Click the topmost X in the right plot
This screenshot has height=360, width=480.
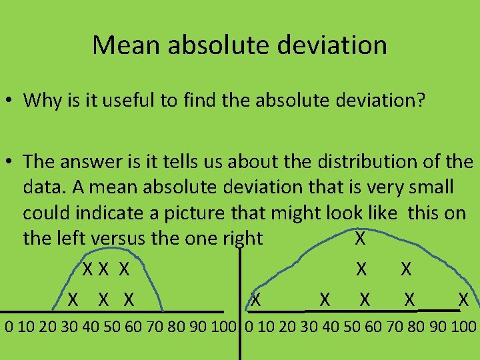(x=360, y=239)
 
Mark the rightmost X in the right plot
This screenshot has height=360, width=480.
(x=463, y=300)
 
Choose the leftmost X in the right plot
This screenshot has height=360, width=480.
(x=255, y=300)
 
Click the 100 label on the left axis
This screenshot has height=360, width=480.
(x=225, y=327)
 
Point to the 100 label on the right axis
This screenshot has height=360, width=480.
(x=464, y=327)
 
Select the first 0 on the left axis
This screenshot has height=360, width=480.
(x=9, y=327)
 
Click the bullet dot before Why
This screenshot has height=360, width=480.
(x=9, y=101)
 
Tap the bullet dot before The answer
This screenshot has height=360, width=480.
(x=9, y=163)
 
